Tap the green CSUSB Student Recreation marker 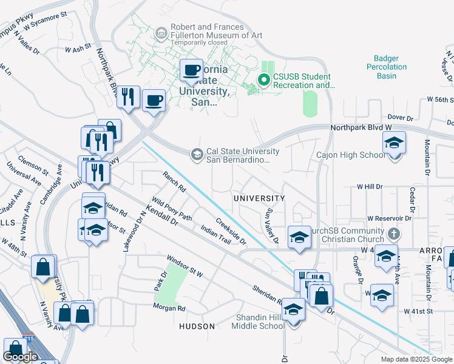[264, 80]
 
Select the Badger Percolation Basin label [386, 67]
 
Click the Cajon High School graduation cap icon [394, 144]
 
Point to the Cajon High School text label [350, 155]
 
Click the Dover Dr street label [400, 118]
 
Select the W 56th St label [440, 99]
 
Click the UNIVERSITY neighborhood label [259, 198]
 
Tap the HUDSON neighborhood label [197, 326]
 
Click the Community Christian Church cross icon [394, 234]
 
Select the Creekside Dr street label [231, 232]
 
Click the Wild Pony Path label [172, 209]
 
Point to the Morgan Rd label [169, 308]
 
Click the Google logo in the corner [20, 357]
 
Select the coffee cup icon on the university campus [192, 70]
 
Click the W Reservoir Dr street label [389, 218]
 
